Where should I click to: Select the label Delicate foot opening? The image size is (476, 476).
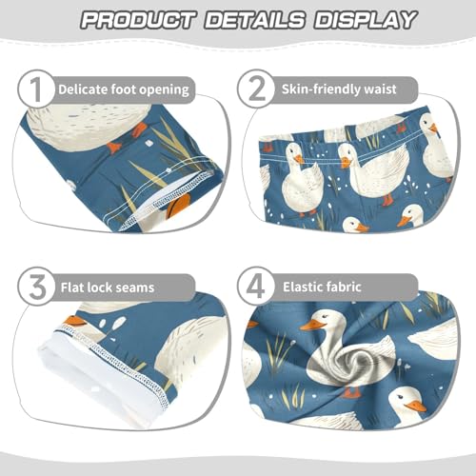point(123,90)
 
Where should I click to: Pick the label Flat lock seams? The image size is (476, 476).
point(105,286)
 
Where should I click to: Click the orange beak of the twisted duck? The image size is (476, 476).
point(313,327)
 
